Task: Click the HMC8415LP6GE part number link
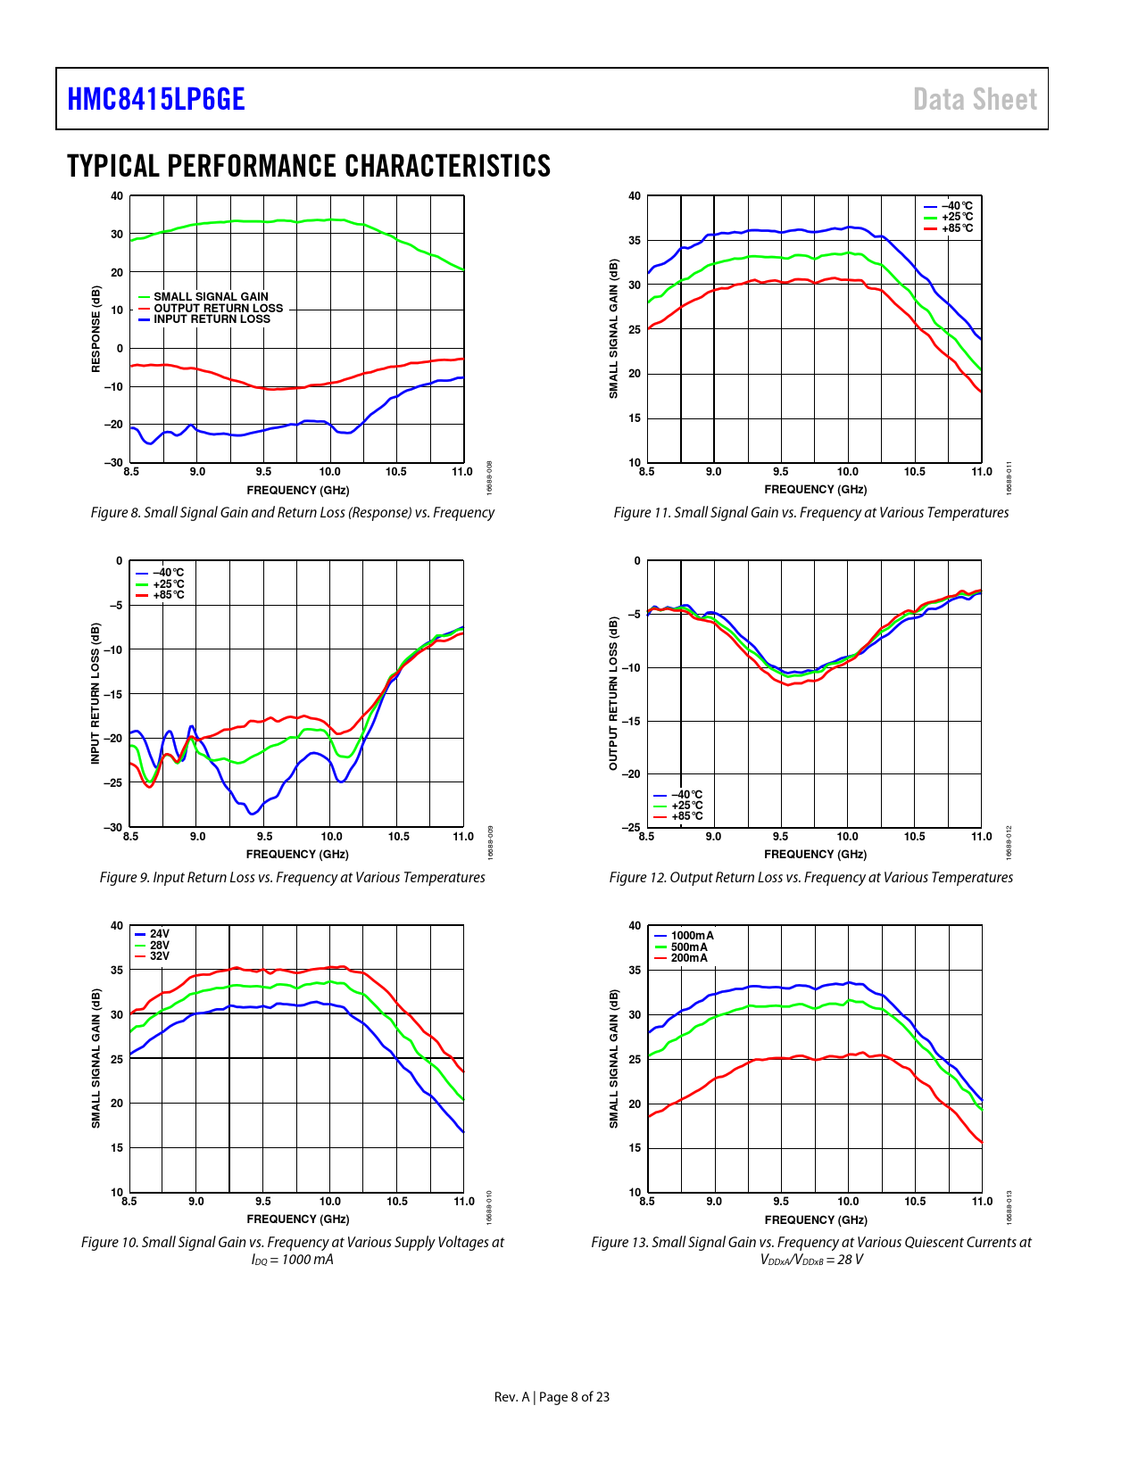pyautogui.click(x=156, y=99)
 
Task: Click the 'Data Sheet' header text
pyautogui.click(x=975, y=99)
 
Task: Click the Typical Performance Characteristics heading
pyautogui.click(x=309, y=166)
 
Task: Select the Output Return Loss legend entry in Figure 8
pyautogui.click(x=218, y=308)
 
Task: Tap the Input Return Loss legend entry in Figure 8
pyautogui.click(x=212, y=319)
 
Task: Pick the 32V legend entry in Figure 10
pyautogui.click(x=159, y=956)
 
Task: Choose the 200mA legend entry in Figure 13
pyautogui.click(x=689, y=958)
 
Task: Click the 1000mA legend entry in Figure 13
pyautogui.click(x=692, y=936)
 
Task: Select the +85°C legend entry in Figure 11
pyautogui.click(x=957, y=228)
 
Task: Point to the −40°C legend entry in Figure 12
pyautogui.click(x=686, y=794)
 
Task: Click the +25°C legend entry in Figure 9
pyautogui.click(x=168, y=584)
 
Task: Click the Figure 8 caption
pyautogui.click(x=292, y=513)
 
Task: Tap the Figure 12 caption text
pyautogui.click(x=810, y=878)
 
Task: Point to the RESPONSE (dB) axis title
pyautogui.click(x=96, y=329)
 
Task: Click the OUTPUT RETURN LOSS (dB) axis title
pyautogui.click(x=613, y=693)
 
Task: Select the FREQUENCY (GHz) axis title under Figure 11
pyautogui.click(x=815, y=490)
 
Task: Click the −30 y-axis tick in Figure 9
pyautogui.click(x=112, y=827)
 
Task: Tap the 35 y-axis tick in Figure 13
pyautogui.click(x=635, y=970)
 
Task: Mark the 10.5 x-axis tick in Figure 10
pyautogui.click(x=397, y=1202)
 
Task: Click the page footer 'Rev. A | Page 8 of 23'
pyautogui.click(x=552, y=1397)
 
